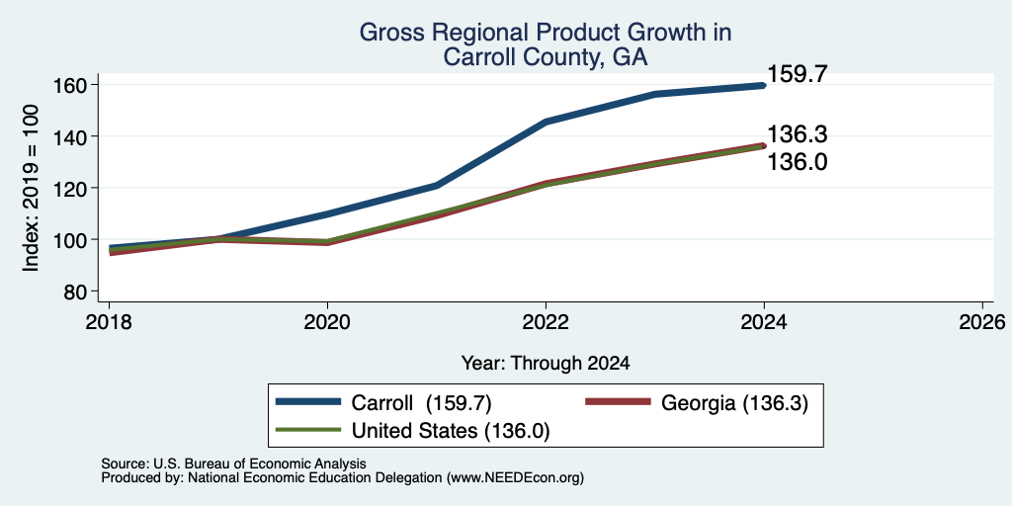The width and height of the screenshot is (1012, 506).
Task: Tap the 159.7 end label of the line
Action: click(x=797, y=75)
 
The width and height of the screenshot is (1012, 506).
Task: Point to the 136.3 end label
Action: click(x=797, y=134)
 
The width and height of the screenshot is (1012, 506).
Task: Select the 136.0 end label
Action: click(x=797, y=162)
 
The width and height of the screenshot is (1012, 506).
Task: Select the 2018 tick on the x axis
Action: click(x=110, y=321)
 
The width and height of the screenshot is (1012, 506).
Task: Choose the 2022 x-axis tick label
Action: click(x=546, y=321)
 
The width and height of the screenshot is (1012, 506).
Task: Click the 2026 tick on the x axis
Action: click(x=982, y=321)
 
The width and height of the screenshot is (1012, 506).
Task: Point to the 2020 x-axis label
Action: click(x=328, y=321)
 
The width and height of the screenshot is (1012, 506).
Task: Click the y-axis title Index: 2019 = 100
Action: click(x=31, y=188)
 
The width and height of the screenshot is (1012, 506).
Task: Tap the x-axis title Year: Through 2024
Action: click(x=546, y=364)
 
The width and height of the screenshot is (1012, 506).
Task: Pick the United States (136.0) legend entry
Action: click(x=412, y=431)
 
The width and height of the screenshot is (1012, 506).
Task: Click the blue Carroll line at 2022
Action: click(x=546, y=122)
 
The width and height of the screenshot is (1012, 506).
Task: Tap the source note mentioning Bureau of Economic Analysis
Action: click(x=233, y=464)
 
